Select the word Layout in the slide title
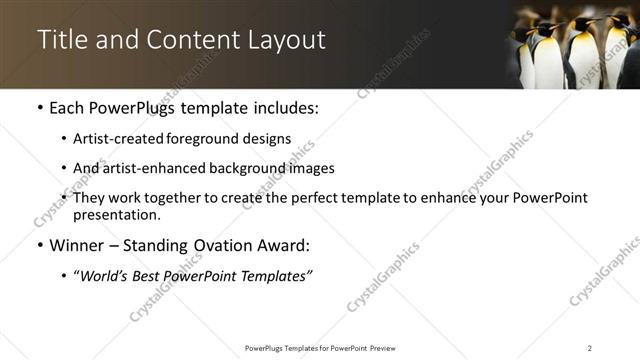288,40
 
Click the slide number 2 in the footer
590,347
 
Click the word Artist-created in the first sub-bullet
114,139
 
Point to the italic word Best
151,274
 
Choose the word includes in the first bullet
283,107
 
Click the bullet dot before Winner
38,245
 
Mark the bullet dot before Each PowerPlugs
38,107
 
